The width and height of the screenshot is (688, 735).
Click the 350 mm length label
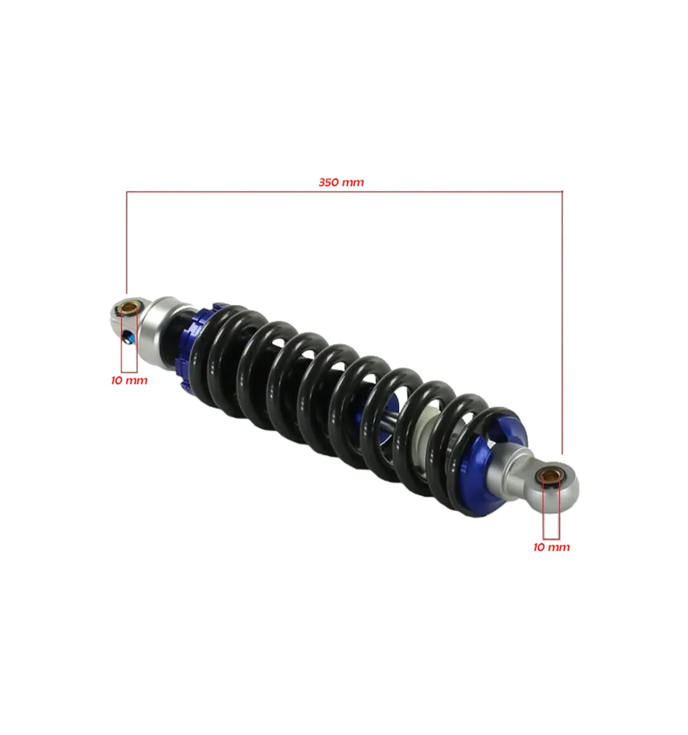[x=341, y=183]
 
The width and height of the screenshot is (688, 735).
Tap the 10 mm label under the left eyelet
[x=129, y=380]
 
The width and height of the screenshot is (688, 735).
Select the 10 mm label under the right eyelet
[x=551, y=547]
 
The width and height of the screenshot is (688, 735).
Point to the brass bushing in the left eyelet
[x=129, y=307]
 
